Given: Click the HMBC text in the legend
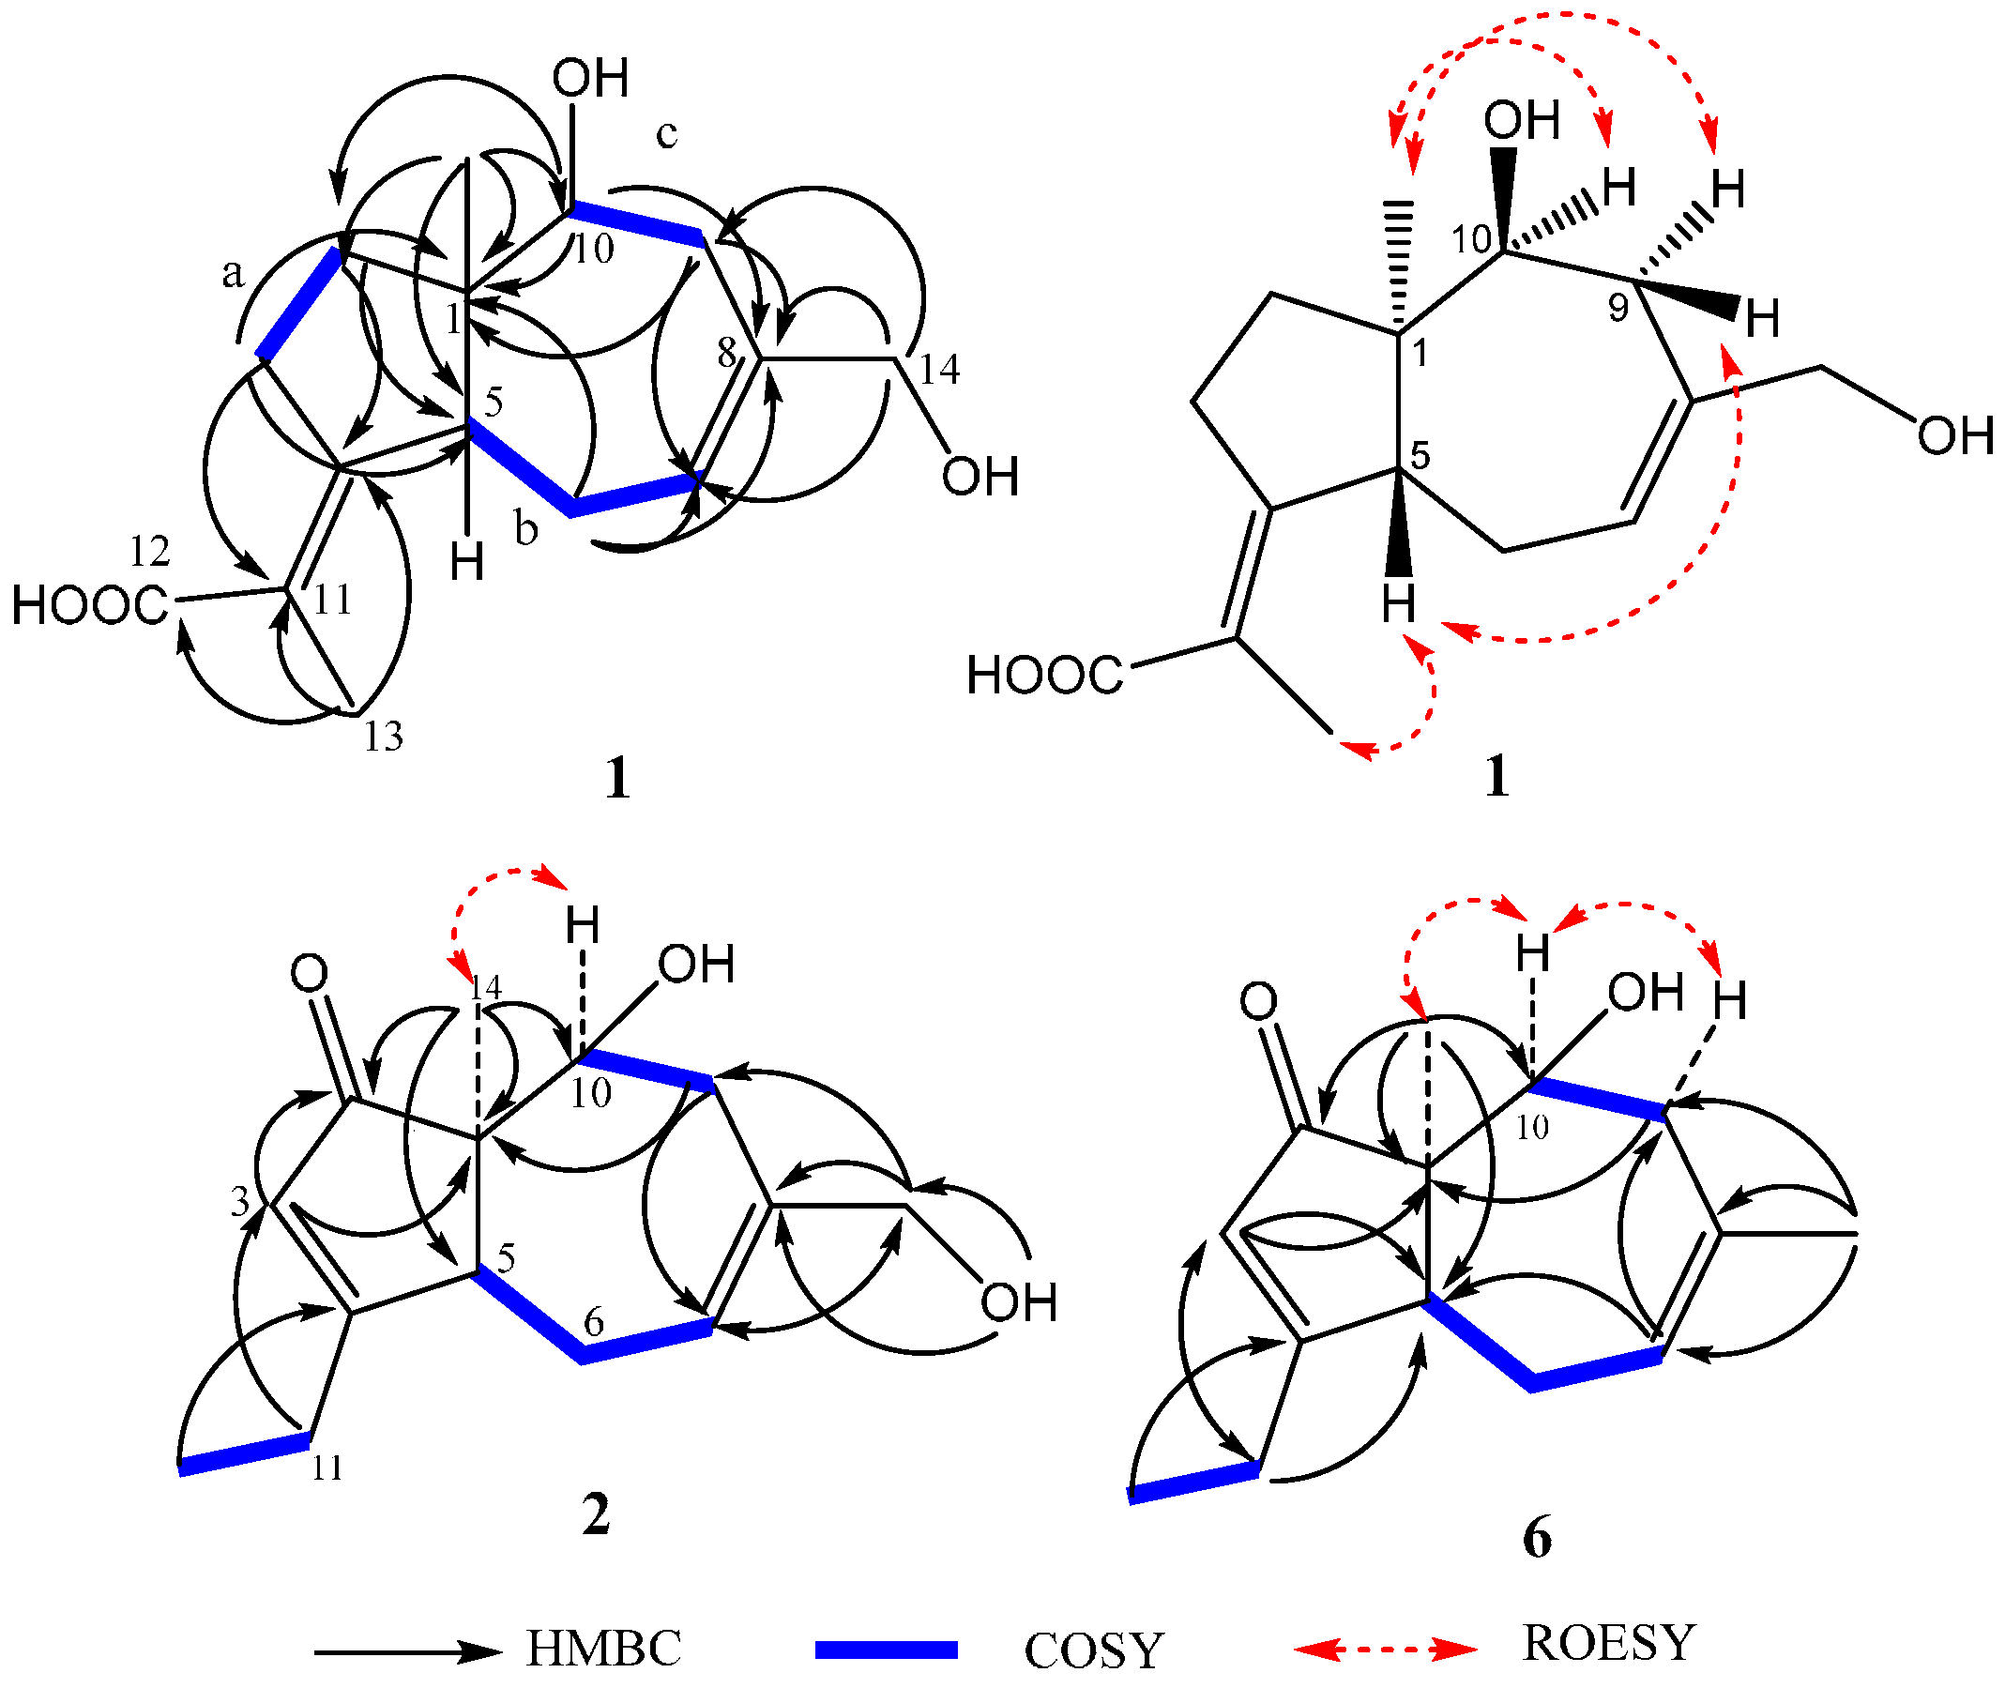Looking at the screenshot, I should [x=603, y=1648].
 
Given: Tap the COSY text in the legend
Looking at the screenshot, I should [x=1093, y=1650].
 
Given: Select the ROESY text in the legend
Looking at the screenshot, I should [x=1609, y=1643].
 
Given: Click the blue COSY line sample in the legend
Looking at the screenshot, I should [x=886, y=1649].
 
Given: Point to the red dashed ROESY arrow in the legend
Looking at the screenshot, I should [x=1385, y=1648].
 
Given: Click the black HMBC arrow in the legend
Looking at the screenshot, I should [x=407, y=1650].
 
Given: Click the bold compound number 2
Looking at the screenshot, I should [x=596, y=1513].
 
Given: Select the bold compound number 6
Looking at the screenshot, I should [x=1536, y=1538].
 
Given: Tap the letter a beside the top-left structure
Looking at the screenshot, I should [x=233, y=275].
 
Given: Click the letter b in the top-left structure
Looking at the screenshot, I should [x=525, y=527].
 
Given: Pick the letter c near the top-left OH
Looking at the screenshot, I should [x=667, y=133].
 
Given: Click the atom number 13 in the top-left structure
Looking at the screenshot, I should [x=384, y=737].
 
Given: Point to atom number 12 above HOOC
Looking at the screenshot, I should [x=149, y=551].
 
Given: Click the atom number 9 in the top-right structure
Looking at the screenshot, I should [x=1618, y=307].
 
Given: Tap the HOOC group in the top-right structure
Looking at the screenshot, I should [x=1043, y=675].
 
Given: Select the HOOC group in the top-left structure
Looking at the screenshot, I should [x=90, y=606].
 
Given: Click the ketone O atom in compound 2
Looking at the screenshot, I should [x=309, y=973].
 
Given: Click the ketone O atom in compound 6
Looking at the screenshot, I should [x=1258, y=1001].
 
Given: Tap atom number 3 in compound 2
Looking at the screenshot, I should [x=239, y=1201].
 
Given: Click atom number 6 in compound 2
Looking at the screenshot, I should [x=593, y=1322].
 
